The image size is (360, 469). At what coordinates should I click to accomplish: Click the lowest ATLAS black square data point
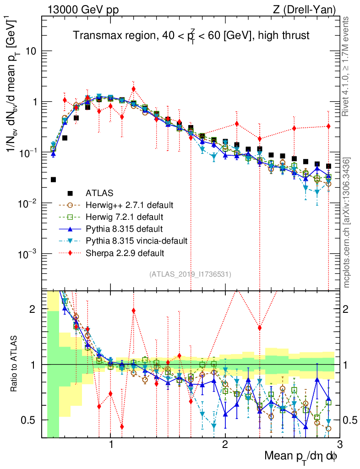coord(54,180)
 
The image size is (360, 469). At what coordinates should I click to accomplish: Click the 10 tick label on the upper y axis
coord(31,51)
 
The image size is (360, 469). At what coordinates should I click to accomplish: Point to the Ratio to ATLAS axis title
coord(15,364)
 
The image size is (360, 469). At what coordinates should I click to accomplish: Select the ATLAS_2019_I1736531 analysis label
coord(190,274)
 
